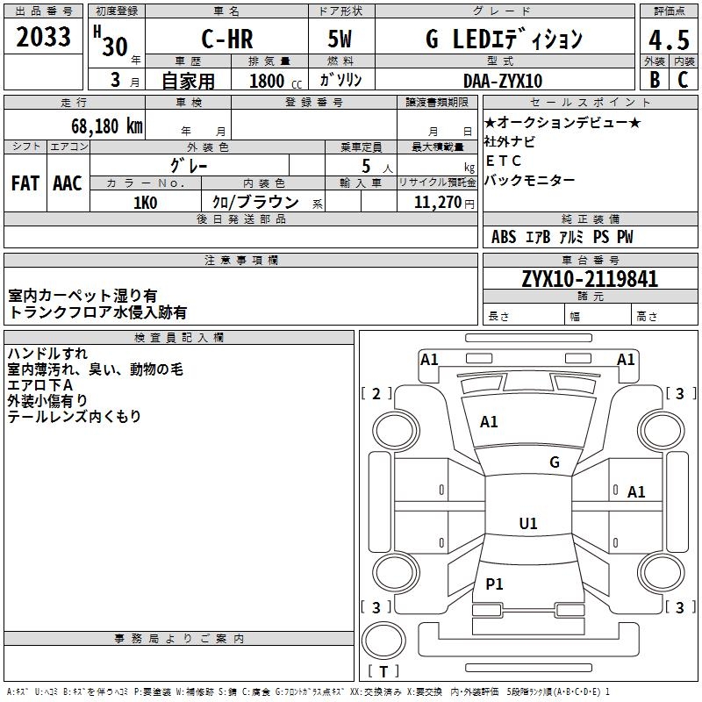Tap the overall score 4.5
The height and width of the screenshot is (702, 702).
(667, 39)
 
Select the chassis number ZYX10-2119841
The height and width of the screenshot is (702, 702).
(590, 280)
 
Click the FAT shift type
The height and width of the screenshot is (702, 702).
(25, 183)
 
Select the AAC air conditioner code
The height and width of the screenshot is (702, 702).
(68, 183)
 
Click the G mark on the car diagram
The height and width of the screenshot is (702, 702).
(555, 462)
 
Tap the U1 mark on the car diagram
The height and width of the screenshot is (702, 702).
(528, 524)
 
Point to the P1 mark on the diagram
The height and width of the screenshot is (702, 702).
(495, 584)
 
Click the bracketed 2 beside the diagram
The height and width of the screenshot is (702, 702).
(377, 394)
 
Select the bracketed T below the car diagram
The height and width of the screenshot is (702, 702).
(383, 672)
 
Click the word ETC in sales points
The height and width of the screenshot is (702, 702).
(504, 161)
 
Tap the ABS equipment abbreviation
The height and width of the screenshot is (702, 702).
(504, 237)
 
